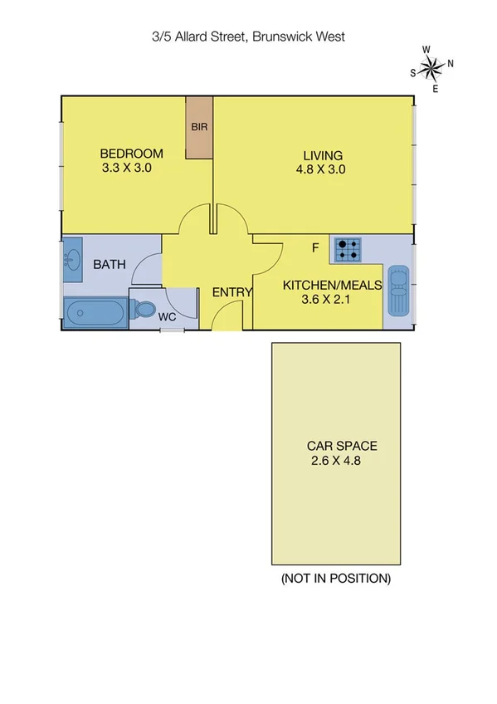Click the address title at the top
(x=248, y=37)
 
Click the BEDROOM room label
(x=131, y=154)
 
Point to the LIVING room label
(x=323, y=155)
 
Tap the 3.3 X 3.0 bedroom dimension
(x=125, y=168)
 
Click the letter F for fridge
(x=315, y=247)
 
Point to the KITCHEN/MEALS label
(x=332, y=285)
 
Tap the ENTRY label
(x=232, y=292)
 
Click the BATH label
(x=110, y=265)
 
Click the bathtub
(x=95, y=314)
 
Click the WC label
(x=166, y=316)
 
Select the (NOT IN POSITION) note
(x=336, y=578)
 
